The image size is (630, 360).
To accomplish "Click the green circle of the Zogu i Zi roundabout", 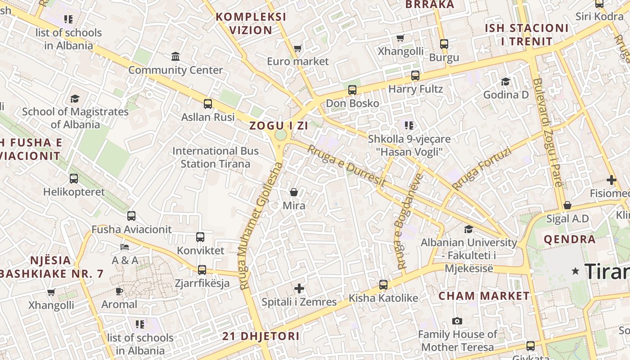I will pos(280,135).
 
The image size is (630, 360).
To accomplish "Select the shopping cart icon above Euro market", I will pos(297,48).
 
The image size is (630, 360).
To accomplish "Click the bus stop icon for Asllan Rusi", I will pos(208,104).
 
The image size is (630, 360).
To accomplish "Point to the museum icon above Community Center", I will pos(175,57).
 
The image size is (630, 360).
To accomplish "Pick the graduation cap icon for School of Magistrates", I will pos(75,99).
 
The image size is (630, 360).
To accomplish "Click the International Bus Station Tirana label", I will pos(215,157).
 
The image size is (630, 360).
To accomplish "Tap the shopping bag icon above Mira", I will pos(294,192).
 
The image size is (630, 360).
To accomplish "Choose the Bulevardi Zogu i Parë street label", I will pos(547,132).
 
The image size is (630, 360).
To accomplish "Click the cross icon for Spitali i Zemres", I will pos(299,288).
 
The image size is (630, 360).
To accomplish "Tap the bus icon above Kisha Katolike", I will pos(383,285).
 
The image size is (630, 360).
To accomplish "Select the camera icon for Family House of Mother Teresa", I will pos(457,321).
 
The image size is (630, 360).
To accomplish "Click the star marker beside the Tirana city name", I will pos(575,271).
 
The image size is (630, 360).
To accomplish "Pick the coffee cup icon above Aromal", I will pos(119,291).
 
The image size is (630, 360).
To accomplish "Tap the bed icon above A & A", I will pos(125,247).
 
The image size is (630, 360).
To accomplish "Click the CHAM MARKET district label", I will pos(484,296).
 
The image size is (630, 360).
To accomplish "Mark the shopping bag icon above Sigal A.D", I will pos(567,205).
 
